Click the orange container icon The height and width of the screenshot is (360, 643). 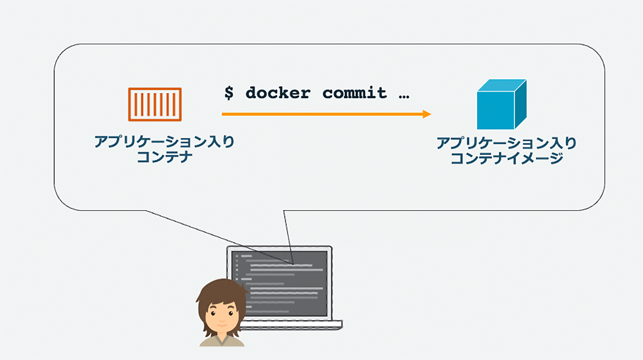pos(155,104)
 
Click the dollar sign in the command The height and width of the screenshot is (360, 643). pos(229,93)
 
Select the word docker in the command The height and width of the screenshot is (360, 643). pos(277,93)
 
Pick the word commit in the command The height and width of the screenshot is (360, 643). pos(354,93)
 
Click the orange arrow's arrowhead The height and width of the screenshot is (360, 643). pos(426,114)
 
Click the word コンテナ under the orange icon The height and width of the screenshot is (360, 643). pos(165,157)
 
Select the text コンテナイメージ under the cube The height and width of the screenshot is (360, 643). pos(506,158)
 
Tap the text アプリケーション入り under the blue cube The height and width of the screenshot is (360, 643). pos(506,143)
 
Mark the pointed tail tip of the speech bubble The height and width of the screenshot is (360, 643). pos(293,264)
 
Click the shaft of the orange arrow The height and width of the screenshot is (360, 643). pos(321,114)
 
